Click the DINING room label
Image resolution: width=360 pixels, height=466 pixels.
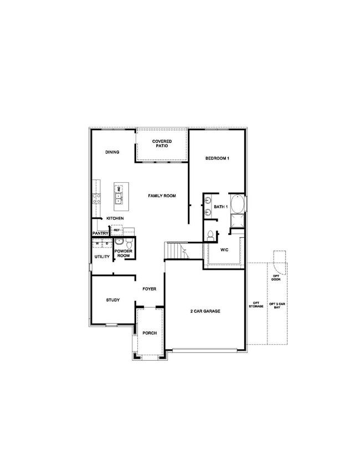(x=112, y=152)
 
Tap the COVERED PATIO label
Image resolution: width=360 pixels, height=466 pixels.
(x=162, y=144)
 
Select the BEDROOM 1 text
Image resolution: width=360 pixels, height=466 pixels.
(x=217, y=158)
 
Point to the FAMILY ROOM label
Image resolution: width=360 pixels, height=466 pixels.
(x=162, y=196)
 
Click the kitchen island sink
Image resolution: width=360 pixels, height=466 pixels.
(x=119, y=196)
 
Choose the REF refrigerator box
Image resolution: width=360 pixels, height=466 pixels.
(x=117, y=229)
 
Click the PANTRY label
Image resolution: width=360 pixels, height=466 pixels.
(x=100, y=234)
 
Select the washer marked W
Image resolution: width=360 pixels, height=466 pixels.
(x=97, y=243)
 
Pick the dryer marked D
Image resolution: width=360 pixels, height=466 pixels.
(x=106, y=243)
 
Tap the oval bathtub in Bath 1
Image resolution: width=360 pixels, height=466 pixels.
(x=238, y=205)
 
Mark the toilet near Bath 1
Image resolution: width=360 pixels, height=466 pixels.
(x=210, y=235)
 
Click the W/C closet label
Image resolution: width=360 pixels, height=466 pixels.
(x=224, y=250)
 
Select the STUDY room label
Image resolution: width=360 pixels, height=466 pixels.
(x=113, y=300)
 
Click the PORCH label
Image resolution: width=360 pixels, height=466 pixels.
(x=150, y=333)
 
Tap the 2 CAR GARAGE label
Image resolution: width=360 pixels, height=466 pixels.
(x=205, y=311)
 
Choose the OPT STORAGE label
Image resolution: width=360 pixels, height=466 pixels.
(x=256, y=305)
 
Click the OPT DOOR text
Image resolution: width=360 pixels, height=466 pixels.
(x=276, y=277)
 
